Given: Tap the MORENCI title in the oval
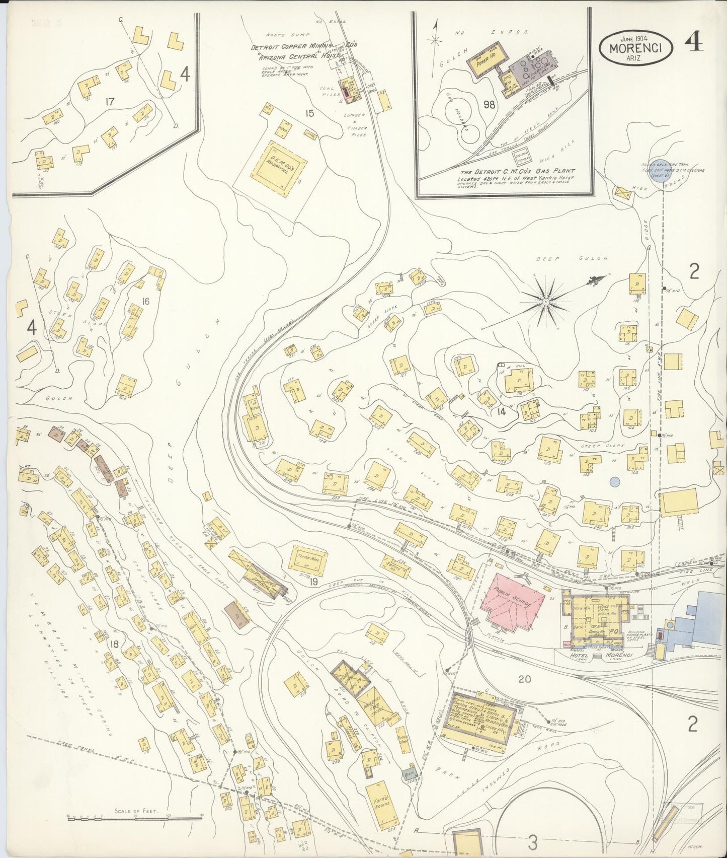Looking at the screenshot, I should coord(636,49).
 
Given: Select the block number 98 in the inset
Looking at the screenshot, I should coord(488,105).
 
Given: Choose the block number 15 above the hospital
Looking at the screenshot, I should coord(309,113).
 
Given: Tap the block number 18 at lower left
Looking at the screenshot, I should coord(114,643).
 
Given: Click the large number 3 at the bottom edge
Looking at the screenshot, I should coord(533,841).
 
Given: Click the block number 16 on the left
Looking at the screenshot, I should coord(145,302).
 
